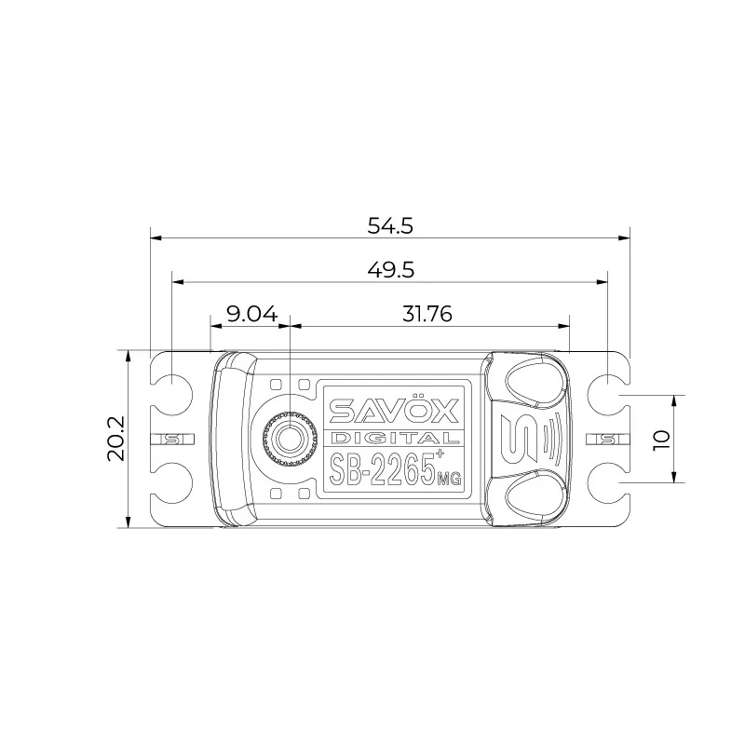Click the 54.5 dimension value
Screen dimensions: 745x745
(x=390, y=225)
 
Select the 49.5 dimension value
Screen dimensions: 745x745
(x=390, y=270)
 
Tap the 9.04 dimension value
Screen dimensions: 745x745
(x=251, y=314)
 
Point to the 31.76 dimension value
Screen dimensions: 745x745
(x=427, y=314)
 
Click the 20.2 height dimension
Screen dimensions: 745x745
(x=115, y=438)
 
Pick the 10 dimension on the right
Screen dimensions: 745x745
(x=661, y=440)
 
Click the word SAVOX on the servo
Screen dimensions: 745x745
(x=394, y=410)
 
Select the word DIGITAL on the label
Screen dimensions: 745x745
(x=394, y=438)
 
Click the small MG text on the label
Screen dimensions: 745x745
(x=449, y=479)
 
